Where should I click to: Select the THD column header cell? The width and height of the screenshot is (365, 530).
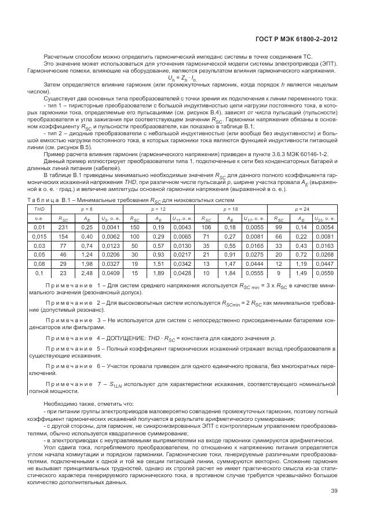pyautogui.click(x=39, y=207)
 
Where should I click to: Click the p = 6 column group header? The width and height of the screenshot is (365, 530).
pyautogui.click(x=87, y=207)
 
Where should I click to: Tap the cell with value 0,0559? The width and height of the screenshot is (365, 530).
pyautogui.click(x=324, y=272)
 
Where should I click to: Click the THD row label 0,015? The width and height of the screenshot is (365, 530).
pyautogui.click(x=39, y=237)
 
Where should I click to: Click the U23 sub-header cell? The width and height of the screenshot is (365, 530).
pyautogui.click(x=324, y=218)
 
